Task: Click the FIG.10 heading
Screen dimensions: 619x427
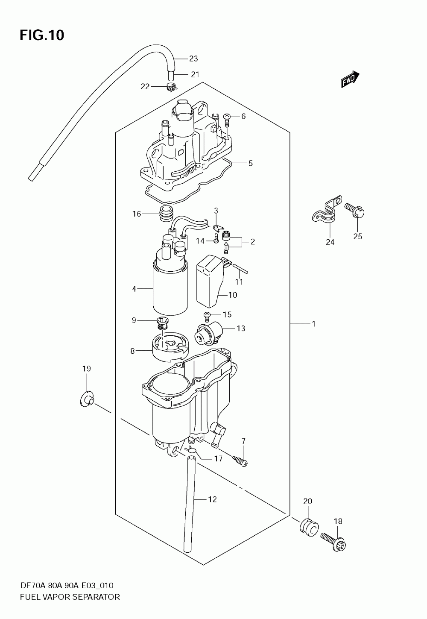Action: tap(42, 35)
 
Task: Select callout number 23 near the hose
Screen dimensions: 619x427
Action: tap(193, 59)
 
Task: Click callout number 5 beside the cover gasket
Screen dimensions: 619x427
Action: tap(250, 163)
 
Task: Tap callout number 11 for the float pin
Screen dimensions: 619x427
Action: tap(239, 282)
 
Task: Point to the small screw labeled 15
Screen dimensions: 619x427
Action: tap(207, 316)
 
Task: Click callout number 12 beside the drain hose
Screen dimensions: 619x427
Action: tap(212, 499)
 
